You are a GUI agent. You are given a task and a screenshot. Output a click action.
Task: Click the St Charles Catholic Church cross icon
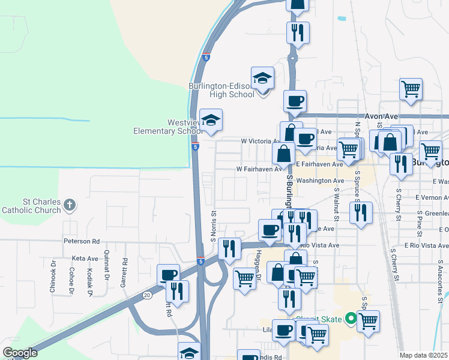coord(70,205)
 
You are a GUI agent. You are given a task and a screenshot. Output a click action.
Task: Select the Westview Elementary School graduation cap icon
coord(211,121)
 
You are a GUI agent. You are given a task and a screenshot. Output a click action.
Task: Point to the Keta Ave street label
coord(85,258)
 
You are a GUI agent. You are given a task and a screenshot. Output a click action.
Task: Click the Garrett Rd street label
coord(125,271)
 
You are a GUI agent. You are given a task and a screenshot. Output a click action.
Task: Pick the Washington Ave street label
coord(320,180)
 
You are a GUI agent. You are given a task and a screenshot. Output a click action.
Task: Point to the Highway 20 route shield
coord(147,295)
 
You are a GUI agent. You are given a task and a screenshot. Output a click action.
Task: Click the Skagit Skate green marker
coord(349,320)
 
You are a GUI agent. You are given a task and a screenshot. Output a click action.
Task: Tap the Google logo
coord(20,353)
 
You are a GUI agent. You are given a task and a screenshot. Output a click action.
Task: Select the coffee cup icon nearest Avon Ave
coord(294,102)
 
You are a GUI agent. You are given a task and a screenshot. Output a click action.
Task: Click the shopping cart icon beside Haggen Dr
coord(244,278)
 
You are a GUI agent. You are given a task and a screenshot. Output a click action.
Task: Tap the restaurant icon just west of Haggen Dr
coord(229,248)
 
